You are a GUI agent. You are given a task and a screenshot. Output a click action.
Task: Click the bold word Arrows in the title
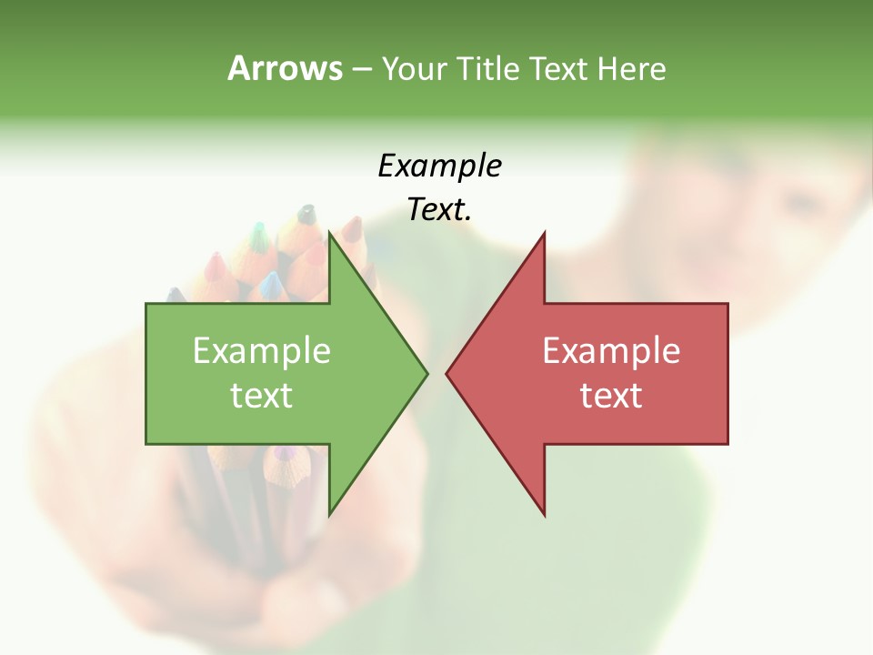click(x=285, y=68)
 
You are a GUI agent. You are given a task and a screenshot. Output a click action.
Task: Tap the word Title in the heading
click(x=488, y=69)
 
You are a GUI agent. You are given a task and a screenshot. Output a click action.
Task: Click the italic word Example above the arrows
click(x=439, y=166)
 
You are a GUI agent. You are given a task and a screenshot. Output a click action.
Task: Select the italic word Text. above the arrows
click(x=439, y=210)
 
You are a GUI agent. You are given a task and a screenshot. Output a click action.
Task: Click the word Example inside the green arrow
click(x=261, y=350)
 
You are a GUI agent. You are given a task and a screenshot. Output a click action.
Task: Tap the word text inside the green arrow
click(x=261, y=396)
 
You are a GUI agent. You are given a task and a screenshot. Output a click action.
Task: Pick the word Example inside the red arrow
click(x=611, y=350)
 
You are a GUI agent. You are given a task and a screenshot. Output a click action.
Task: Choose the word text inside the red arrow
click(x=611, y=396)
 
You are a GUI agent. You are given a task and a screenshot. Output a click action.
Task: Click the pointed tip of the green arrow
click(x=426, y=372)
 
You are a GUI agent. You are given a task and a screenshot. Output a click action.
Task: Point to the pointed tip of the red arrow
click(x=447, y=372)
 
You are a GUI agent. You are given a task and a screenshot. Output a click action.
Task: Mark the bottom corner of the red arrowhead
click(x=544, y=514)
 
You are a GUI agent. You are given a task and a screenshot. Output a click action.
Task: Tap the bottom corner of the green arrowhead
click(x=330, y=514)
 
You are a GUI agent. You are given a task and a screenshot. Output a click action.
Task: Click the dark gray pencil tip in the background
click(x=307, y=215)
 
